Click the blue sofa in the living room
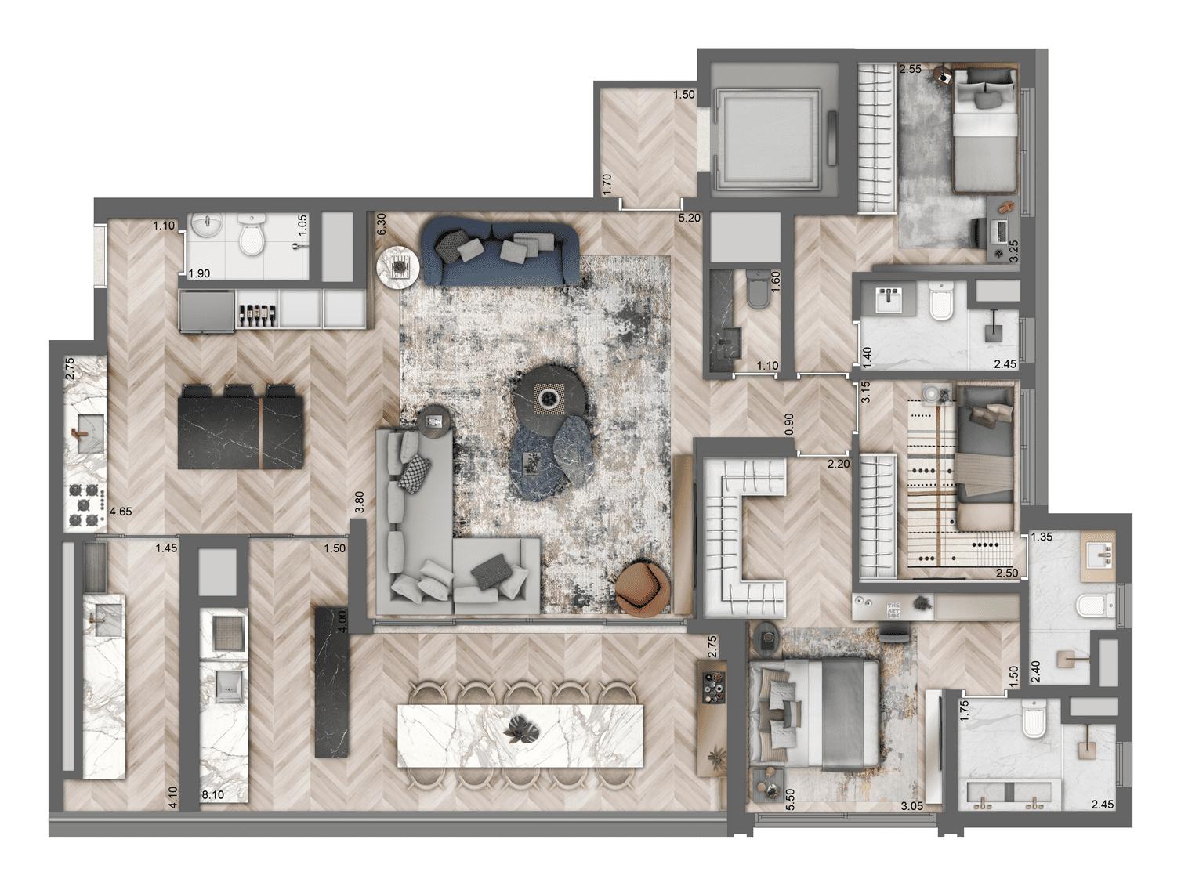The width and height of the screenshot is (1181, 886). click(x=500, y=252)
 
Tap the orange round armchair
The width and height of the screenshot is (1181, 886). click(x=642, y=587)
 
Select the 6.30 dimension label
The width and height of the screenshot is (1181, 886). click(x=382, y=225)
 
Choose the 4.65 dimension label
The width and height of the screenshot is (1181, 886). click(x=121, y=512)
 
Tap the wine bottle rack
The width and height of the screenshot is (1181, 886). click(x=256, y=311)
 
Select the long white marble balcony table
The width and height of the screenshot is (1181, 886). click(x=520, y=736)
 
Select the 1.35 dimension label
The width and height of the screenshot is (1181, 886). click(x=1041, y=537)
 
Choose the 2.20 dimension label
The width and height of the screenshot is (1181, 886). click(x=838, y=464)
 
